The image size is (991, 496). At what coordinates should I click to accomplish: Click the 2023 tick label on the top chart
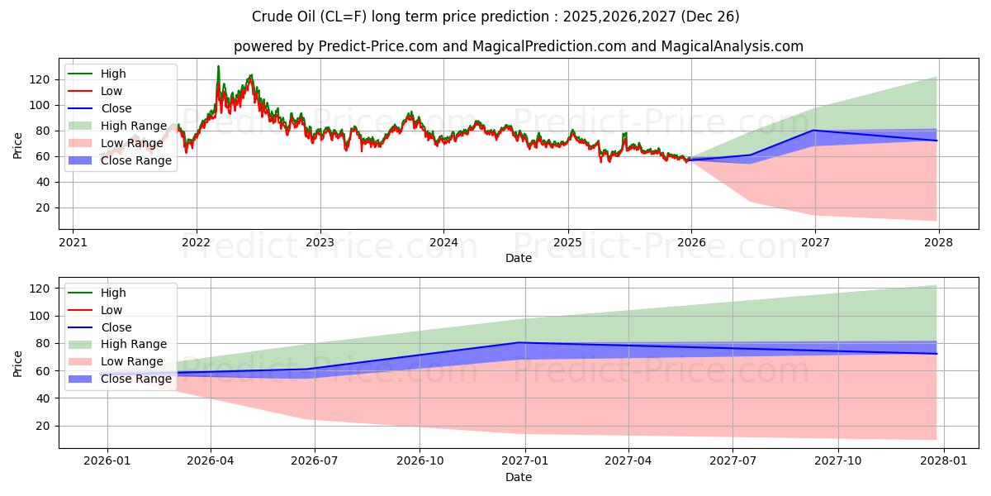[320, 243]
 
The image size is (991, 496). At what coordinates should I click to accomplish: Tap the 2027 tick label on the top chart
[815, 243]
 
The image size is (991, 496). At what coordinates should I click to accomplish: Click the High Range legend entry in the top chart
[133, 126]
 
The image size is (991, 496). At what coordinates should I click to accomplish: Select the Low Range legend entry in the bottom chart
[131, 362]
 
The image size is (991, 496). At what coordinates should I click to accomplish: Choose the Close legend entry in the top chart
[116, 108]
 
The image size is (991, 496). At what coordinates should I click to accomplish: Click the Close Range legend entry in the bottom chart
[135, 379]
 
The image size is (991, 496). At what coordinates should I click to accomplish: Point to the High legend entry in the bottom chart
[113, 293]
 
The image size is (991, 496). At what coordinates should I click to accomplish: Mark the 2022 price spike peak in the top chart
[218, 66]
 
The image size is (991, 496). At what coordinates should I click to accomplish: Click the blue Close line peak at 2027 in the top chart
[815, 130]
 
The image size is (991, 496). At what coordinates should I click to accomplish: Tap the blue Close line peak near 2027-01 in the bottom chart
[519, 342]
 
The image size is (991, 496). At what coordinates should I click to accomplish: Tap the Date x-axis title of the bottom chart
[518, 477]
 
